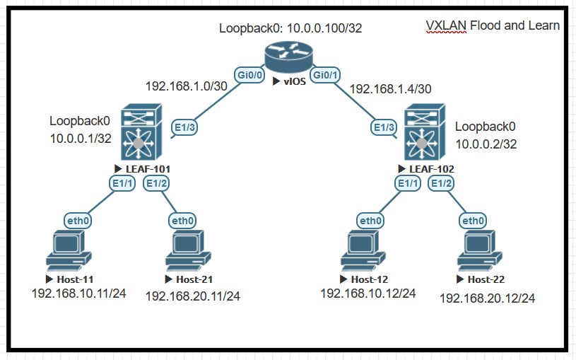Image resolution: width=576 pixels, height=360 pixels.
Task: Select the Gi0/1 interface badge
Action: click(326, 74)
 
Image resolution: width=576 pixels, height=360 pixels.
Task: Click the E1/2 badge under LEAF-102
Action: click(443, 183)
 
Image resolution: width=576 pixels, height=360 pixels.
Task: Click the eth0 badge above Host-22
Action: click(472, 221)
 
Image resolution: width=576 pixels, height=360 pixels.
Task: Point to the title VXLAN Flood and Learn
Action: click(493, 25)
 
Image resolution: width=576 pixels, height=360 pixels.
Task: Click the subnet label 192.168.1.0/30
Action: click(186, 86)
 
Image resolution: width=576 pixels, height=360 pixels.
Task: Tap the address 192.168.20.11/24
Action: click(192, 296)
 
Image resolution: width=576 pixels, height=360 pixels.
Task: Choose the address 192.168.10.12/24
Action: click(368, 293)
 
